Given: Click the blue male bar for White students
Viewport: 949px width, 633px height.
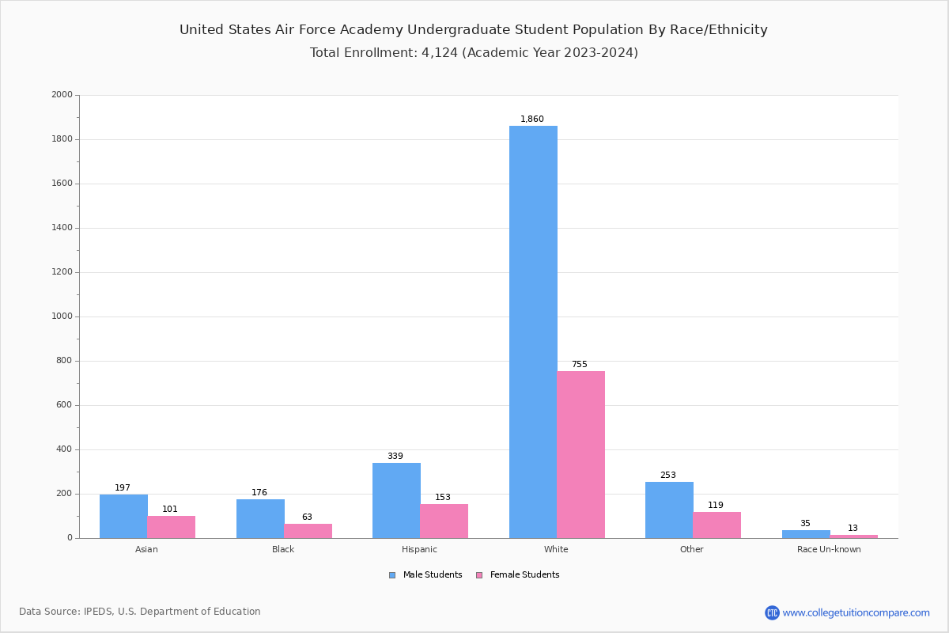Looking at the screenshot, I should coord(533,332).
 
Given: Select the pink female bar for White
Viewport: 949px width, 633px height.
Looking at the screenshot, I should coord(580,454).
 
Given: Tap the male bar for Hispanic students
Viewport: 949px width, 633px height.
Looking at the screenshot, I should coord(396,500).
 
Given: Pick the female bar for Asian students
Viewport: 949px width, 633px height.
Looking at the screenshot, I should coord(171,527).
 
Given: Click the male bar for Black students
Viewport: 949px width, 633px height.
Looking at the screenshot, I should coord(260,518).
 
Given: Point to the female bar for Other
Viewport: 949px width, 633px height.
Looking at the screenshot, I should coord(716,525).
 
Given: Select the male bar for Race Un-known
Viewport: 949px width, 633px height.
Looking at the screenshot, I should coord(806,534).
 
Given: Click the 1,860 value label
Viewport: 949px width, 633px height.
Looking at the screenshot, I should coord(532,119).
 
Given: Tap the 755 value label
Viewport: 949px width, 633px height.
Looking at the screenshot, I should coord(580,365).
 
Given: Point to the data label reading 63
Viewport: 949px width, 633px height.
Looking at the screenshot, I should coord(307,517).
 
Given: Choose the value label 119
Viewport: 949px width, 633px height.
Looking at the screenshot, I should coord(716,506).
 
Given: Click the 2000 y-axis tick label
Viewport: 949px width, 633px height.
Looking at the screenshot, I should coord(62,95).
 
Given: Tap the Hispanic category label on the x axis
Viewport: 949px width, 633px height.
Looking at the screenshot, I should coord(419,549).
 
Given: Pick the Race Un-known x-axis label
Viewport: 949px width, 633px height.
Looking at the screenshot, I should coord(829,549).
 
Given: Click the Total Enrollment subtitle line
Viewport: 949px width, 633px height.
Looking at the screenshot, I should coord(474,53).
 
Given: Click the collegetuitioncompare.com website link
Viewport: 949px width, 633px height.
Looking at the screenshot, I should coord(856,612).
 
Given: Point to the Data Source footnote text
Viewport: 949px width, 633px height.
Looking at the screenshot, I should coord(140,612).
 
